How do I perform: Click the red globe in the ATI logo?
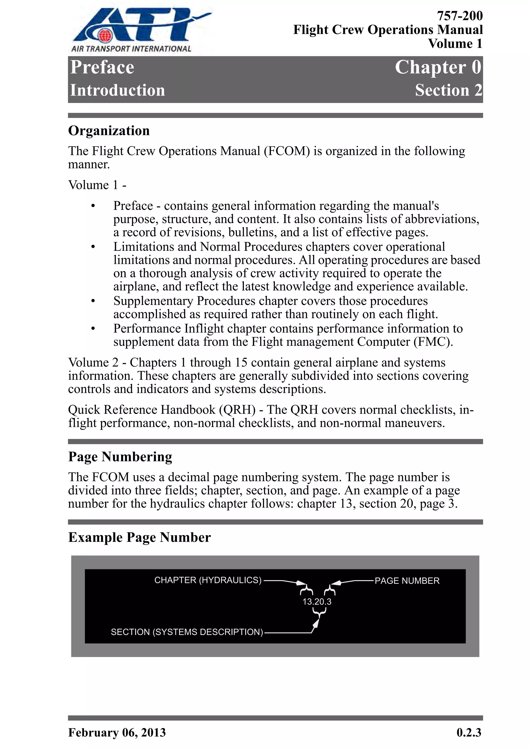(x=105, y=35)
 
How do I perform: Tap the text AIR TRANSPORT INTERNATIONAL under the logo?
(x=131, y=49)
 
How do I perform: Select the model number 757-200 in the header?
(x=460, y=16)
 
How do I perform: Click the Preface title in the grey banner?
(x=102, y=67)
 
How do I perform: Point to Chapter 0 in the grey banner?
(x=438, y=67)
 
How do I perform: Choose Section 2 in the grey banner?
(x=448, y=90)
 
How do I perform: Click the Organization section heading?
(x=109, y=130)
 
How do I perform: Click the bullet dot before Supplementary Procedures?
(x=93, y=301)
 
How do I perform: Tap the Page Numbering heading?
(x=120, y=457)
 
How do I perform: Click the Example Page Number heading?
(x=139, y=537)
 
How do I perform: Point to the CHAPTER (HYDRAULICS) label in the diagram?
(x=208, y=580)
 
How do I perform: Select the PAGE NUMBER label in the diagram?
(x=407, y=581)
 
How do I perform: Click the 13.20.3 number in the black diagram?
(x=317, y=602)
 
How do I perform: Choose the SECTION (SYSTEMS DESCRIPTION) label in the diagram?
(x=187, y=632)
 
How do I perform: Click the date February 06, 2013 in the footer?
(x=117, y=732)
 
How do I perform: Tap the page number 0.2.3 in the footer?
(x=469, y=732)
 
